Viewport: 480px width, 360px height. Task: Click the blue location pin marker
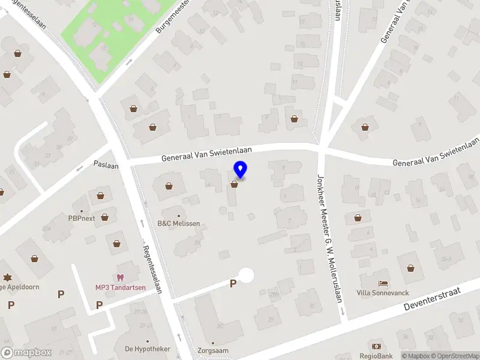(241, 170)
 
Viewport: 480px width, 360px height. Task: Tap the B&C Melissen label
(178, 224)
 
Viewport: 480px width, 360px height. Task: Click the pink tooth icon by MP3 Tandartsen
(120, 277)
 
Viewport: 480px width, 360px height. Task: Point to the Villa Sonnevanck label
(382, 293)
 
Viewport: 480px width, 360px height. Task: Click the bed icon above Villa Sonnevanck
(383, 283)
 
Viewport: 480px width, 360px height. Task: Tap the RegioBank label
(376, 356)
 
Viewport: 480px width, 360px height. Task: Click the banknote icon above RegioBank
(376, 347)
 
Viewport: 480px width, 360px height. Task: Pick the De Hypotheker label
(147, 349)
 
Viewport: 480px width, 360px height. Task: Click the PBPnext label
(82, 218)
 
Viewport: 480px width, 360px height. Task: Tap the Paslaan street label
(106, 164)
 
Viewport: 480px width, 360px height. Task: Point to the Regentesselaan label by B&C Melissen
(153, 269)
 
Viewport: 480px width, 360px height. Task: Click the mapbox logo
(26, 353)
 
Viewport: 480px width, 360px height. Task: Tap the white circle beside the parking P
(246, 275)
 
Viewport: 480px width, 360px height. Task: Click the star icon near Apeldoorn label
(7, 277)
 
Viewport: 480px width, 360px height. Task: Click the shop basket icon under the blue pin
(234, 185)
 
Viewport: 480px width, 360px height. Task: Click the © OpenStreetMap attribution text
(454, 356)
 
